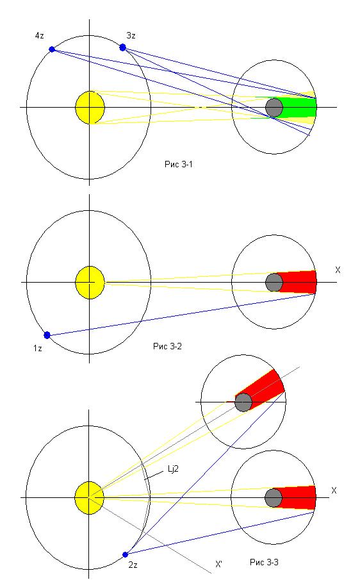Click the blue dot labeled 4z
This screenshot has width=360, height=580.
(52, 49)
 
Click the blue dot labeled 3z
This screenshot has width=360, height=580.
(123, 47)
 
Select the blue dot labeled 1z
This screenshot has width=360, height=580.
(47, 335)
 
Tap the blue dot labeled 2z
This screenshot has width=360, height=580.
(126, 554)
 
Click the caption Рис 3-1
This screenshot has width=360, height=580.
(179, 164)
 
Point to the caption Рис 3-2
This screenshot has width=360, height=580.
(167, 347)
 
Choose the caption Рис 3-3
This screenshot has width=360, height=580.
(264, 563)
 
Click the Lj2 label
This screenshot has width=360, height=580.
(174, 469)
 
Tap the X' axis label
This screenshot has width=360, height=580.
(219, 565)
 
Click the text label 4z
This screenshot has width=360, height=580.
(39, 36)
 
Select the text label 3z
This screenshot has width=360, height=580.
(131, 35)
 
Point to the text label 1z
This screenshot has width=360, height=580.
(38, 348)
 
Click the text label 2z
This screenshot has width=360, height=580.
(133, 565)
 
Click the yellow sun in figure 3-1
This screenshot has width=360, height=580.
(90, 108)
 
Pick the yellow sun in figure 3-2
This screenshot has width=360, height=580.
(90, 283)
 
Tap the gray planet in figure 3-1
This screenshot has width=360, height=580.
(274, 108)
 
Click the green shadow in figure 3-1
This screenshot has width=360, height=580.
(297, 108)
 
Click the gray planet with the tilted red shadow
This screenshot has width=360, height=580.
(243, 402)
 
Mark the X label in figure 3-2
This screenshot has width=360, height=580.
(338, 270)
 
